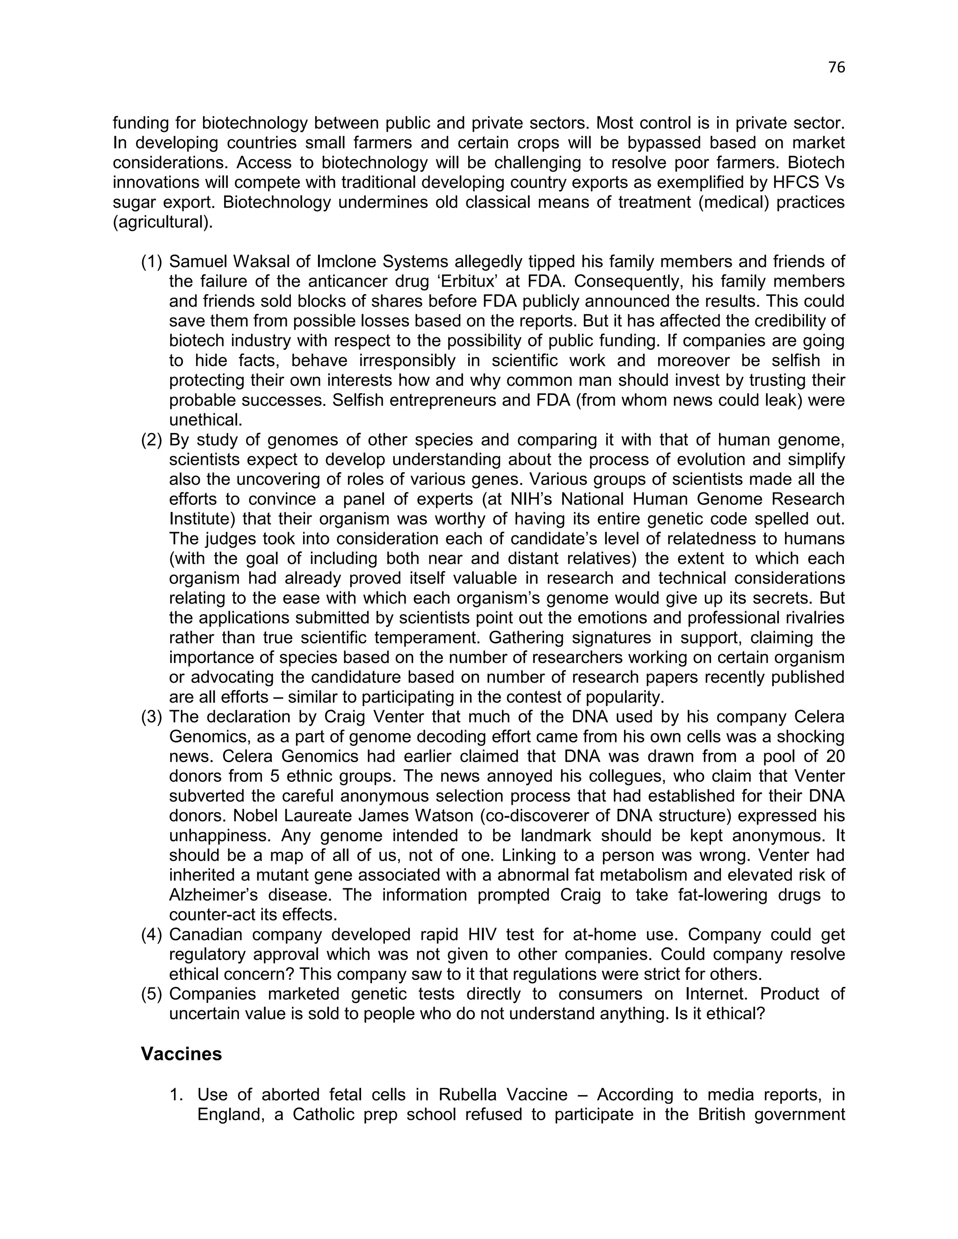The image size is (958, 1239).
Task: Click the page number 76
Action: click(836, 67)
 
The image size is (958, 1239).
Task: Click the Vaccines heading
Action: click(181, 1053)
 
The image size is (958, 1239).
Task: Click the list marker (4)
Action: click(152, 934)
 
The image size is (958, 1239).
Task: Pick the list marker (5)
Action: click(152, 994)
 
